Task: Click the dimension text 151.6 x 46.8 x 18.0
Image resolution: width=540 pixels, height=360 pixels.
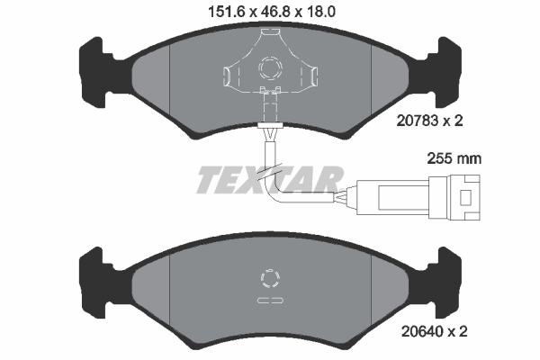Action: (269, 12)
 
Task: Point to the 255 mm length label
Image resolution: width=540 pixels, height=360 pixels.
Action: (454, 157)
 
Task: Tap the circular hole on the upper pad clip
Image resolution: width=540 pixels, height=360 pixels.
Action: (270, 67)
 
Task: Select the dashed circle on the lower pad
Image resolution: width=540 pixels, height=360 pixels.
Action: (270, 278)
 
